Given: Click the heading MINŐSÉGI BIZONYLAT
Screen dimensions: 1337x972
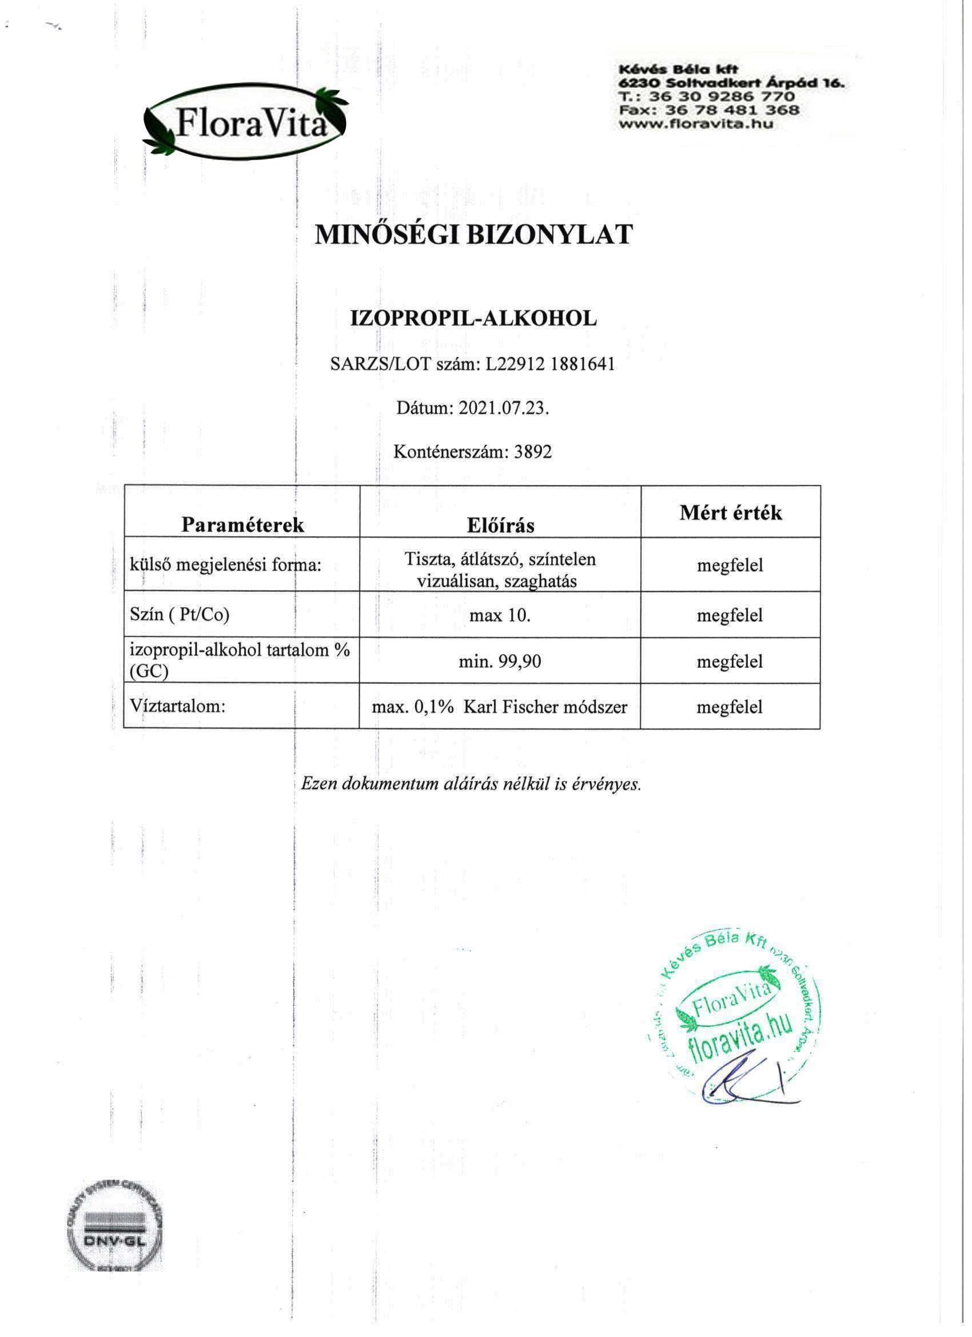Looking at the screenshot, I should click(473, 234).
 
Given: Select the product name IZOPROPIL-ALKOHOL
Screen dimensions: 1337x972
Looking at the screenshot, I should click(473, 319).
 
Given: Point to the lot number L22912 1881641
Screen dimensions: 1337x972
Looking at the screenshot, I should click(550, 364).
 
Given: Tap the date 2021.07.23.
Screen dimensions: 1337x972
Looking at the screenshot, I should click(503, 408).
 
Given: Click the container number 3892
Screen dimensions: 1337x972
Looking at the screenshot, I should click(533, 452).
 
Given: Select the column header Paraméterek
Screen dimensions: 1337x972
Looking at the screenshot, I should click(242, 524).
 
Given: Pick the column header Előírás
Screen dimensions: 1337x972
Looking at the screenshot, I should click(500, 525).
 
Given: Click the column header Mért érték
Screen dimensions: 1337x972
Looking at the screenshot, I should click(730, 512).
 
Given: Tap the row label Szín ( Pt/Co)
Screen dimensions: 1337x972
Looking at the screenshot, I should click(179, 614).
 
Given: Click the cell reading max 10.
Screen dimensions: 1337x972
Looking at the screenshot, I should click(500, 615).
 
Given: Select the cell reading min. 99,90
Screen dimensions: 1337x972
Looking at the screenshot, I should click(500, 661).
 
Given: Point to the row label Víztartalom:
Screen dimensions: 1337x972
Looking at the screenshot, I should click(177, 706).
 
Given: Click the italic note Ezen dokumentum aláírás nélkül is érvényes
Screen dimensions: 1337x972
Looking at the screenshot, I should click(471, 783).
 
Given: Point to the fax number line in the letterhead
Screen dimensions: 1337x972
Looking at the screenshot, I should click(709, 110).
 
